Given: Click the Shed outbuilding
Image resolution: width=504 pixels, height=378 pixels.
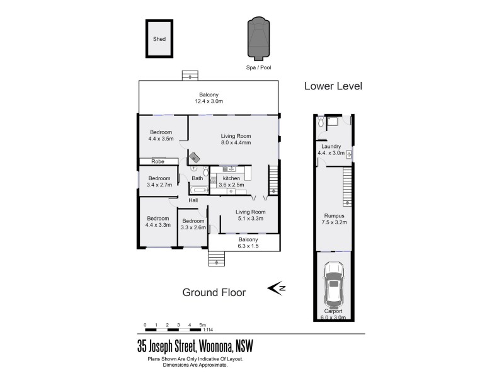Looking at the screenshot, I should pyautogui.click(x=159, y=39).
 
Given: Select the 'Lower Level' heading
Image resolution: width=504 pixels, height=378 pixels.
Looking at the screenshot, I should pyautogui.click(x=333, y=86).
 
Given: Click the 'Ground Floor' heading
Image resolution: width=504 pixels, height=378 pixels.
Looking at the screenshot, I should pyautogui.click(x=214, y=292).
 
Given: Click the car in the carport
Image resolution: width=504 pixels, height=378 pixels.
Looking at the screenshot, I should pyautogui.click(x=333, y=283).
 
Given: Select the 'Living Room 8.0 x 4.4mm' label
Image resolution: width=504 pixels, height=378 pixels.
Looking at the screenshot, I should pyautogui.click(x=236, y=139).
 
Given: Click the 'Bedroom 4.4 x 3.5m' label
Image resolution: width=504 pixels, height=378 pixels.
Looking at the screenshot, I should pyautogui.click(x=161, y=135).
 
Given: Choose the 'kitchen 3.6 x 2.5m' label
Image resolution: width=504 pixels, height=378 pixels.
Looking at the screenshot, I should pyautogui.click(x=232, y=181).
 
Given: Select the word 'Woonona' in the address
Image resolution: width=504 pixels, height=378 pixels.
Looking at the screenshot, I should pyautogui.click(x=215, y=346).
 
